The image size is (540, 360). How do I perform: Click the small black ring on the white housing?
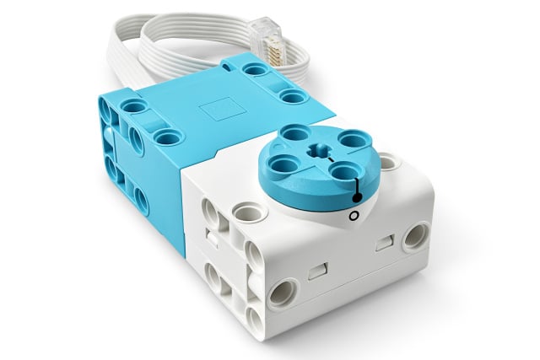coord(354,217)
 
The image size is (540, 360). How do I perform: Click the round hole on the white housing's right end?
coord(414,237)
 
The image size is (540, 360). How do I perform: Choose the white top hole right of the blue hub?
coord(387,160)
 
